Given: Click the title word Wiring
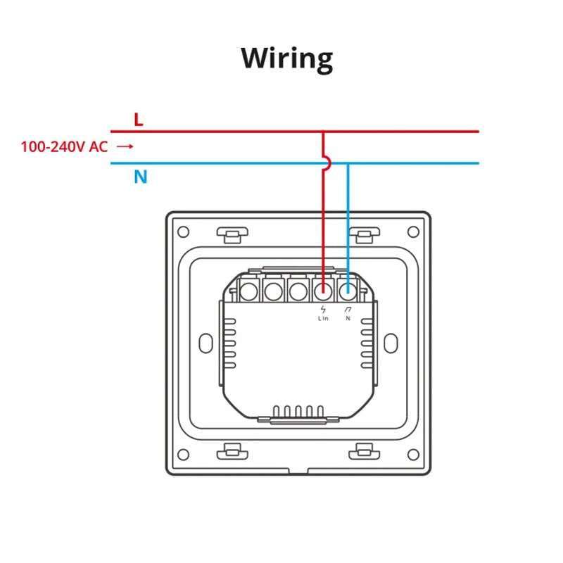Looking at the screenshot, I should pyautogui.click(x=286, y=59).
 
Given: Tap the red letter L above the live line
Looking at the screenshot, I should pyautogui.click(x=139, y=119).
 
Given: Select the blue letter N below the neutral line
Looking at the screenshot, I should pyautogui.click(x=141, y=177).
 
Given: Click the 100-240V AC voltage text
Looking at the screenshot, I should pyautogui.click(x=64, y=146).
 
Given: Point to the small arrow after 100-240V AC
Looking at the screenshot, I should pyautogui.click(x=125, y=146).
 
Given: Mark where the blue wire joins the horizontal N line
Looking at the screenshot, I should pyautogui.click(x=348, y=163).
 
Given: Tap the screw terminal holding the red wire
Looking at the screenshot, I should pyautogui.click(x=323, y=289).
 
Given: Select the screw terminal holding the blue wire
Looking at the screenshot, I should pyautogui.click(x=348, y=289).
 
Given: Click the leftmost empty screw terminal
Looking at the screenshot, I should pyautogui.click(x=248, y=289).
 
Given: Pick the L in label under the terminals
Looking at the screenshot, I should pyautogui.click(x=323, y=318).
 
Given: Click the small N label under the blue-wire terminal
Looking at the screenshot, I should pyautogui.click(x=348, y=318).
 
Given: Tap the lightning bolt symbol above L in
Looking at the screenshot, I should pyautogui.click(x=323, y=309).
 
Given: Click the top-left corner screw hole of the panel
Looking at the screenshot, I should pyautogui.click(x=183, y=231).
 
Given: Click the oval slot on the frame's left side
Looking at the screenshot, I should pyautogui.click(x=207, y=342).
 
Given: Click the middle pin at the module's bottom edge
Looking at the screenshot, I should pyautogui.click(x=298, y=411).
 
